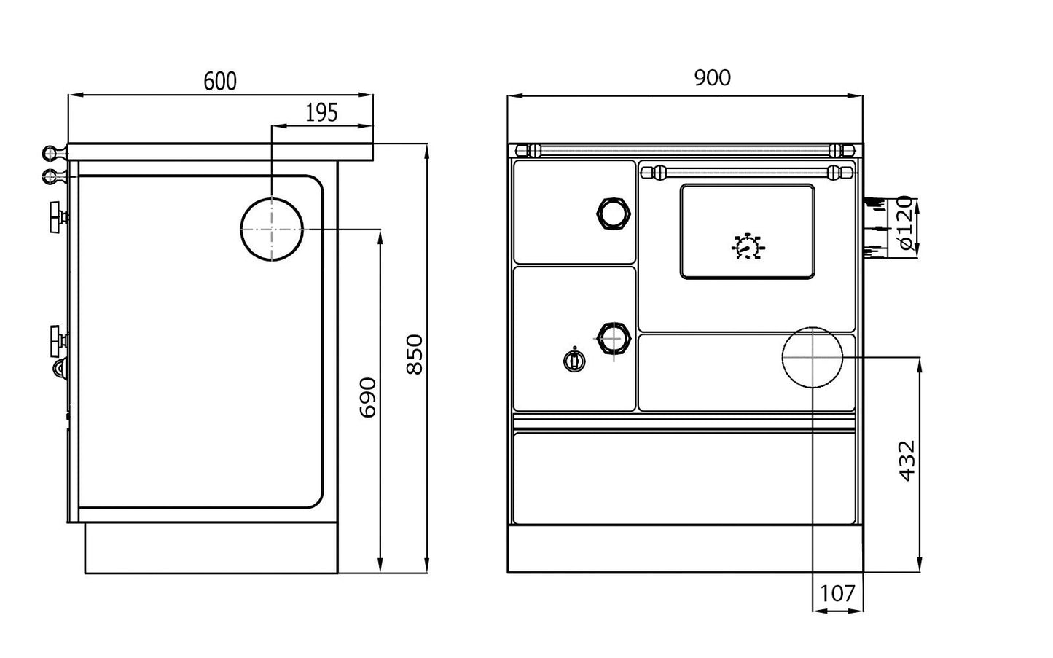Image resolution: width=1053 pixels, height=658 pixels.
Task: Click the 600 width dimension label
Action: [219, 81]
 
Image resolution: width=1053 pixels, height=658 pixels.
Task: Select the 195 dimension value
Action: [321, 112]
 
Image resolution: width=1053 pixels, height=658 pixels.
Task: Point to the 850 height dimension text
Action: [413, 354]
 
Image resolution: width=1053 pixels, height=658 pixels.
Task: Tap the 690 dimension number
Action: [368, 398]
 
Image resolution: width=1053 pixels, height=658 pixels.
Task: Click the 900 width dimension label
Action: [711, 77]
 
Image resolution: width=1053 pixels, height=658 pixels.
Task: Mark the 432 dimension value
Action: [906, 461]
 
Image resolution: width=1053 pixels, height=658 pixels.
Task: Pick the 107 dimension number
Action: [837, 594]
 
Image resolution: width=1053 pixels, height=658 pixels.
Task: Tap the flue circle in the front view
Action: [812, 358]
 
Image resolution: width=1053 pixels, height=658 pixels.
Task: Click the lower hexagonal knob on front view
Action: [612, 338]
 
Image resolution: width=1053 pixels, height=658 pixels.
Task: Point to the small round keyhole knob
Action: [574, 360]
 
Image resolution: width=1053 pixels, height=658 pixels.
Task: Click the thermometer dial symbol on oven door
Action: [747, 248]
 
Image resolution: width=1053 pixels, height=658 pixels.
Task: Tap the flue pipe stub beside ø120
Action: [873, 227]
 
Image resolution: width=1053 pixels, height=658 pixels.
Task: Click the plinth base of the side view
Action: [211, 548]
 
